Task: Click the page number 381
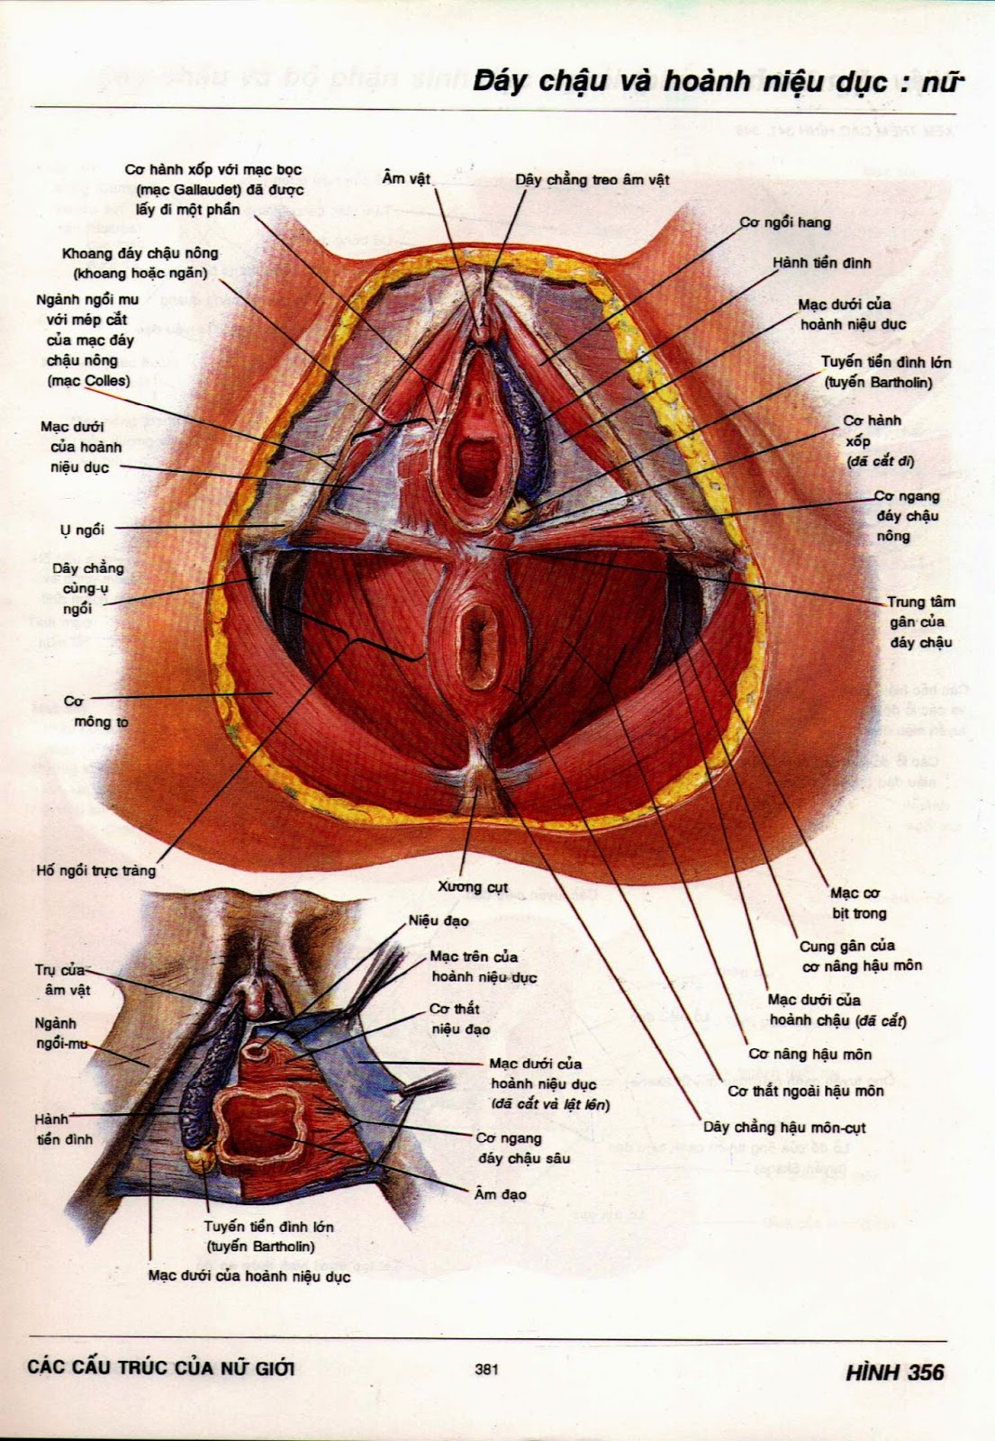click(x=486, y=1370)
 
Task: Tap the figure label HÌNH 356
click(x=894, y=1372)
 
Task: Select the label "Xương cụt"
click(x=473, y=887)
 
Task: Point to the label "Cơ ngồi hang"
click(x=785, y=222)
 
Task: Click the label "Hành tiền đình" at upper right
click(x=821, y=263)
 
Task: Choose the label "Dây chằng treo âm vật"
click(x=592, y=180)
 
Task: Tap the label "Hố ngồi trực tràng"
click(x=96, y=871)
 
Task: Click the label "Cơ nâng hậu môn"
click(x=810, y=1054)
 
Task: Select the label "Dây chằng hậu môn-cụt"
click(x=784, y=1127)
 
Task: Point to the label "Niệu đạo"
click(x=439, y=921)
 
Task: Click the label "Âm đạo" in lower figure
click(x=500, y=1194)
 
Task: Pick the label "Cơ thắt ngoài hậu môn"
click(x=805, y=1091)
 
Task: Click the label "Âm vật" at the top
click(x=406, y=178)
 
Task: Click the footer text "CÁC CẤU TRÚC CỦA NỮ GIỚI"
click(x=161, y=1368)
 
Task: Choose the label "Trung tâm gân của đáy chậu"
click(x=920, y=622)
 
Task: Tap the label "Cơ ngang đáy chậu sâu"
click(x=523, y=1148)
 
